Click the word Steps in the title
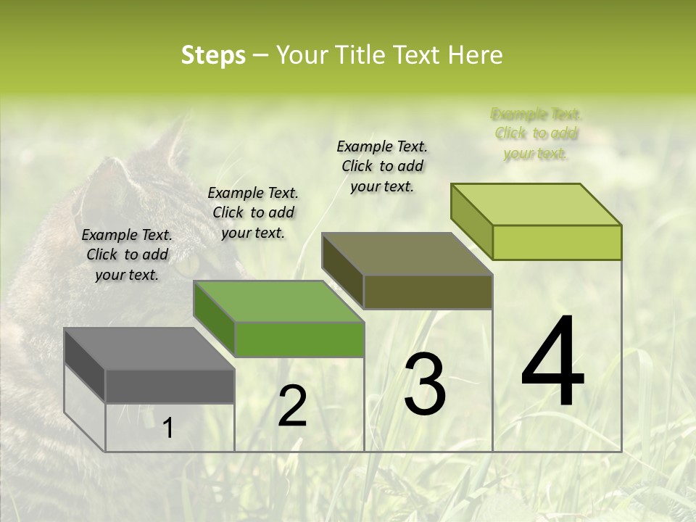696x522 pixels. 213,56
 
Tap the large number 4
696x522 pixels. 552,362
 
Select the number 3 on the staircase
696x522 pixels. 425,384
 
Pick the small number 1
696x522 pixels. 167,428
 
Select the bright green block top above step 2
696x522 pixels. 278,302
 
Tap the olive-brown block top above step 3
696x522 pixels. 406,254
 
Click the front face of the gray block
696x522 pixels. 170,386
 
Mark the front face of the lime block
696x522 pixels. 557,242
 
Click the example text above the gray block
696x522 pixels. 127,254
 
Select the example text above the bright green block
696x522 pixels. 253,212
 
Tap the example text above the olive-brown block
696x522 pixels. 382,166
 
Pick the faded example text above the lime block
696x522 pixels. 536,133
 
